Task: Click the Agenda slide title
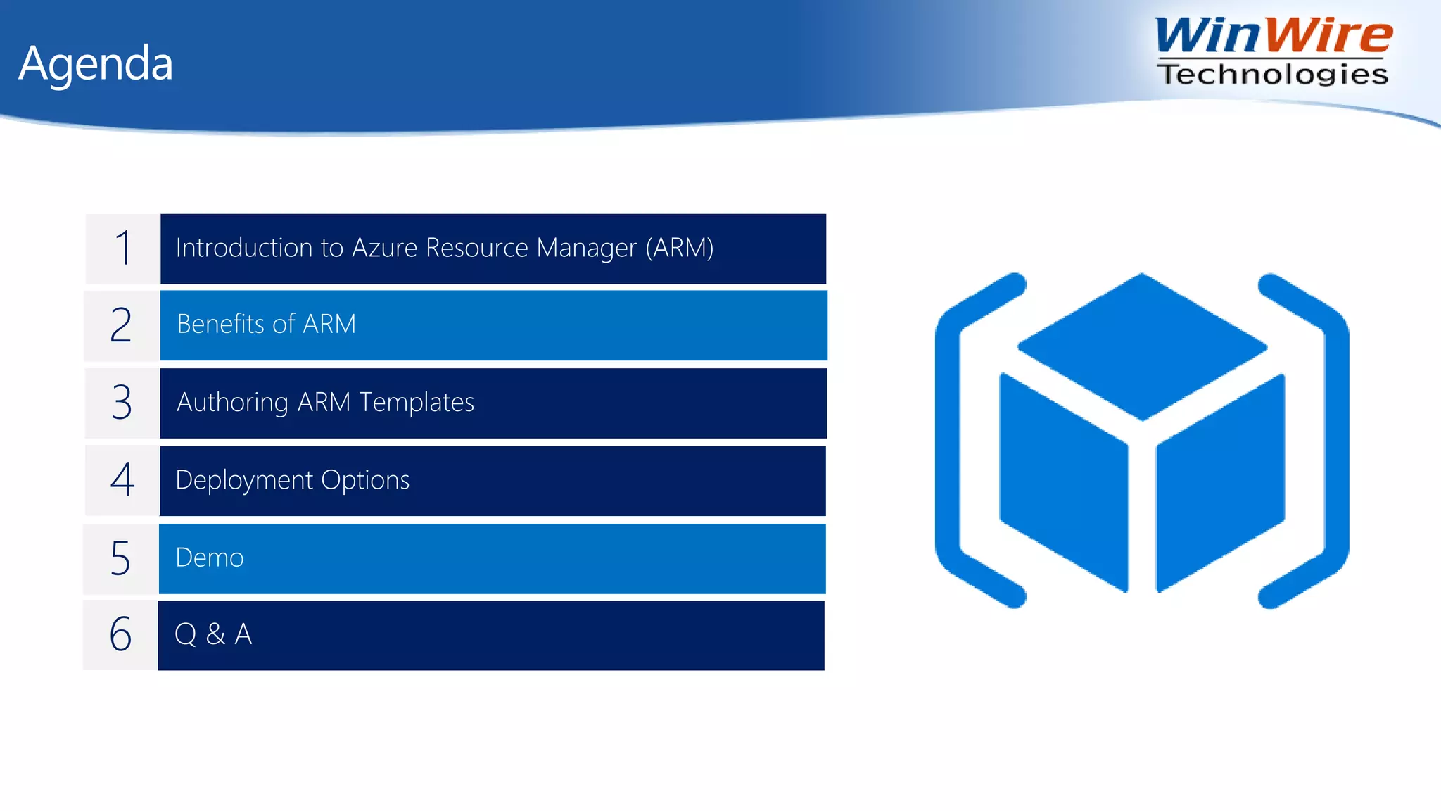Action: [x=96, y=64]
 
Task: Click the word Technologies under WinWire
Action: [x=1272, y=74]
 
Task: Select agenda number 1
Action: [x=123, y=248]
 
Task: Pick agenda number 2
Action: [x=121, y=325]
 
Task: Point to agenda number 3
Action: [x=122, y=402]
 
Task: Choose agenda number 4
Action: [x=122, y=479]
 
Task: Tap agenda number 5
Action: [x=120, y=558]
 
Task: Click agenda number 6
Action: [x=120, y=634]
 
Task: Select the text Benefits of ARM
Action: [x=266, y=324]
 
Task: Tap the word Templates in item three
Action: [x=417, y=402]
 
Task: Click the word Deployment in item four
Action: [x=244, y=480]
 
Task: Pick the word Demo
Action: [x=209, y=558]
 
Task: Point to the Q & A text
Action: [x=212, y=634]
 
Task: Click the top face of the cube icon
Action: [x=1142, y=346]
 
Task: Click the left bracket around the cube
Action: [x=950, y=440]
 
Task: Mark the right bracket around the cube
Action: [x=1335, y=440]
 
